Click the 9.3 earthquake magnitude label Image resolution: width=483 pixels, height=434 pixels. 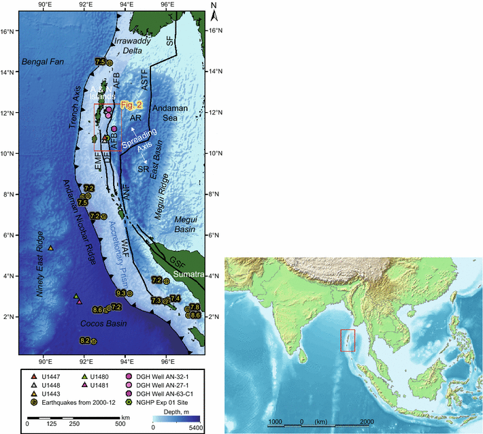(121, 293)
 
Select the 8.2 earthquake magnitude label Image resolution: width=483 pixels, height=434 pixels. (85, 340)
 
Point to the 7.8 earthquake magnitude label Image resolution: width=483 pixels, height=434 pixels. (194, 307)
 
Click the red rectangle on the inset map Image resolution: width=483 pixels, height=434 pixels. (347, 340)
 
